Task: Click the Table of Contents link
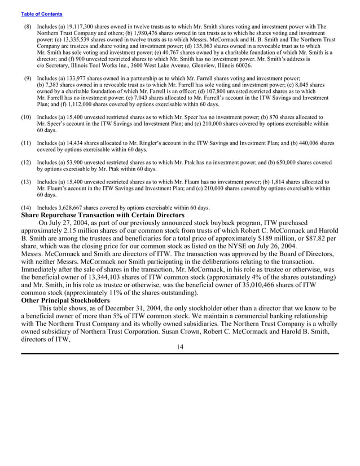[x=41, y=14]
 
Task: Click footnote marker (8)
[x=27, y=27]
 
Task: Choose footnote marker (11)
[x=26, y=144]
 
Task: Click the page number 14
[x=179, y=346]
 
